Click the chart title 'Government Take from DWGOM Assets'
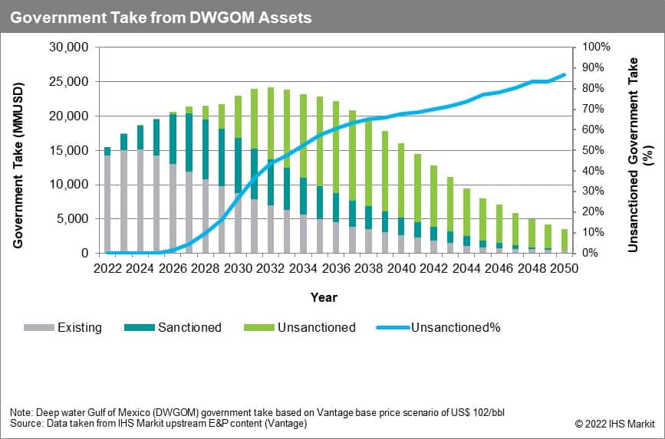point(161,17)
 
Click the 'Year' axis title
point(324,297)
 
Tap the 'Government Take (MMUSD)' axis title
point(17,150)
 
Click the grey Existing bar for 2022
point(107,204)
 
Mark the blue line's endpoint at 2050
point(565,74)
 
